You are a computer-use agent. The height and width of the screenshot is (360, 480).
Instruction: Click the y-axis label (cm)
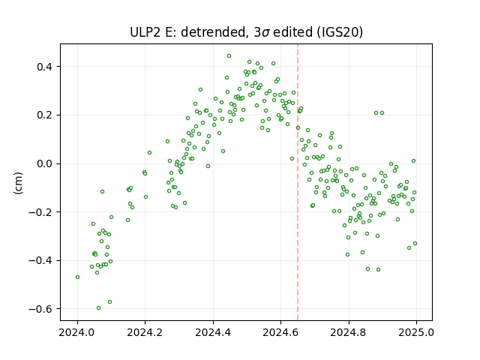[x=18, y=183]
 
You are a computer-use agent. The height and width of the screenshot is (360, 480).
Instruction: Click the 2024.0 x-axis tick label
[x=77, y=332]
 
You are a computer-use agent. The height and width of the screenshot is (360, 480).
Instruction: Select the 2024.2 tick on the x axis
[x=145, y=332]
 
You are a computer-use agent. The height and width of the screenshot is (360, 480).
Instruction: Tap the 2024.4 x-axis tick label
[x=213, y=332]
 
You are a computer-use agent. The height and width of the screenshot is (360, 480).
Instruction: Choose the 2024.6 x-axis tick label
[x=280, y=332]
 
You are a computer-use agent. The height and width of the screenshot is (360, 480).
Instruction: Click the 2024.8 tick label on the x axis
[x=348, y=332]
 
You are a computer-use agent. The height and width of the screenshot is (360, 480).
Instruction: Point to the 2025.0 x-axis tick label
[x=416, y=332]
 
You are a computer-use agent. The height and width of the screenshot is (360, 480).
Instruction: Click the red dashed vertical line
[x=298, y=182]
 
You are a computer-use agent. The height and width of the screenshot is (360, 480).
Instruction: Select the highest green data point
[x=229, y=56]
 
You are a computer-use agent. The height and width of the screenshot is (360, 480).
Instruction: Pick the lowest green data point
[x=98, y=308]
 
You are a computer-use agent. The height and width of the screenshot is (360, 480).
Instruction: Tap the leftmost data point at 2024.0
[x=77, y=277]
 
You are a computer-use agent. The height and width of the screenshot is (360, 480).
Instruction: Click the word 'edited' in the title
[x=292, y=32]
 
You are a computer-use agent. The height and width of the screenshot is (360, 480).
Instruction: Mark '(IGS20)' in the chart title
[x=340, y=32]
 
